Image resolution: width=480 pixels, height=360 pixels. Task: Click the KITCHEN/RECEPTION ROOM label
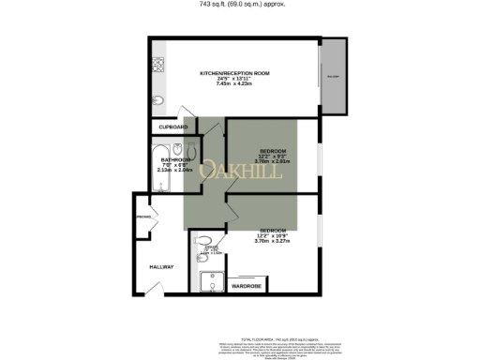click(235, 73)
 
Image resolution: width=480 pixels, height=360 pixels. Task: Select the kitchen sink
click(157, 101)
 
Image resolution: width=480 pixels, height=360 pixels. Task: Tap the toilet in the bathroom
click(191, 150)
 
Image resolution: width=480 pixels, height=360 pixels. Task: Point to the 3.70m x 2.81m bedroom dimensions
click(273, 162)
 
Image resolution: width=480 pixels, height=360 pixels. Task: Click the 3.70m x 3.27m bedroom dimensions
click(273, 241)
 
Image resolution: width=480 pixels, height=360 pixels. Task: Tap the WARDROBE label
click(246, 285)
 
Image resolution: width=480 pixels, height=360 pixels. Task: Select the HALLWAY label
click(161, 267)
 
